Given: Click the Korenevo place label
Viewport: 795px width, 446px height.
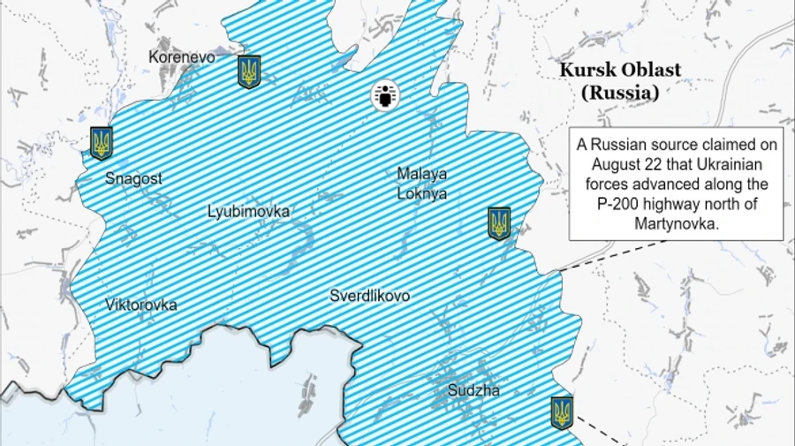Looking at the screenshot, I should pyautogui.click(x=182, y=57).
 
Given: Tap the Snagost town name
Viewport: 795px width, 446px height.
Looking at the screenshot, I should pyautogui.click(x=133, y=178).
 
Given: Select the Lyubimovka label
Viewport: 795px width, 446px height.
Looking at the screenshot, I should pyautogui.click(x=248, y=212).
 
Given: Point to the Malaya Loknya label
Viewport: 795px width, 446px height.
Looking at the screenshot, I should pyautogui.click(x=421, y=183).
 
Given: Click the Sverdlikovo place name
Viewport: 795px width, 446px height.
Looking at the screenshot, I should pyautogui.click(x=369, y=296).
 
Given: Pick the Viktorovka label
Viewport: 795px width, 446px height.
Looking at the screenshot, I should pyautogui.click(x=140, y=305).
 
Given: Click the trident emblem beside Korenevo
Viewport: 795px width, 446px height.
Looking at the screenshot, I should pyautogui.click(x=249, y=72).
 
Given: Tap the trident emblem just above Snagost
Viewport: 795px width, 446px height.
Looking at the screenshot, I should pyautogui.click(x=102, y=141).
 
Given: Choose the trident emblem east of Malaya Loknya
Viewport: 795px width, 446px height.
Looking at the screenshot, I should pyautogui.click(x=499, y=223).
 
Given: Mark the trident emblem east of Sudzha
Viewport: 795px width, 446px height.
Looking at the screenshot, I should pyautogui.click(x=561, y=412).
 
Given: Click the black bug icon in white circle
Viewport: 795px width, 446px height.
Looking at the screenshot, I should pyautogui.click(x=384, y=95).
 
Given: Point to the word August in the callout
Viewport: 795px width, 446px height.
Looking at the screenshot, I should pyautogui.click(x=610, y=164).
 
